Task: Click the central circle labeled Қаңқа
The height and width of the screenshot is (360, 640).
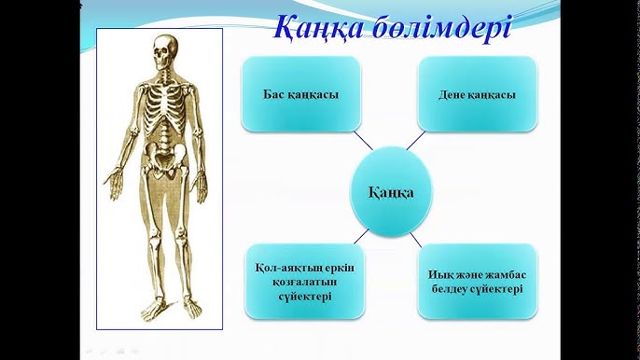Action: point(393,192)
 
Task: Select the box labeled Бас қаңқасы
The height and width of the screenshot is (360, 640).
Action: point(301,94)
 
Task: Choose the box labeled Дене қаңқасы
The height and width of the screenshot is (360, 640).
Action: point(477,94)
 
